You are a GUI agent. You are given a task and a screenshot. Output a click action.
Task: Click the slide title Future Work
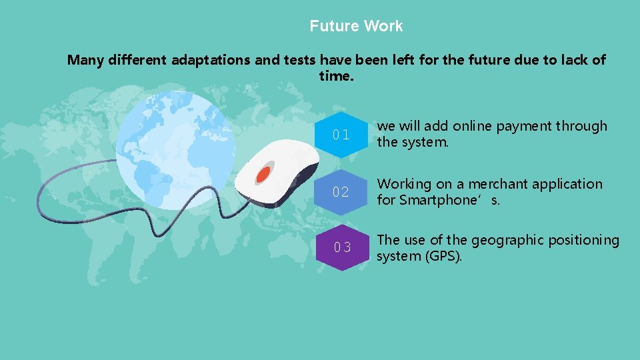point(356,26)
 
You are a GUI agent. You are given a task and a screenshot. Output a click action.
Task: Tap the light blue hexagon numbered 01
point(341,135)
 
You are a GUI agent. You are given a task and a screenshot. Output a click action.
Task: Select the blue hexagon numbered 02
point(341,192)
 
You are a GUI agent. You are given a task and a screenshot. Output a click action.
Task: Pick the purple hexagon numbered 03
point(342,247)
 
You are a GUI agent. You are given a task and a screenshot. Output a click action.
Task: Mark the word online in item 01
point(474,126)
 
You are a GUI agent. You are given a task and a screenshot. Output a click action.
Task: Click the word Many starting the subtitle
point(85,60)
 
